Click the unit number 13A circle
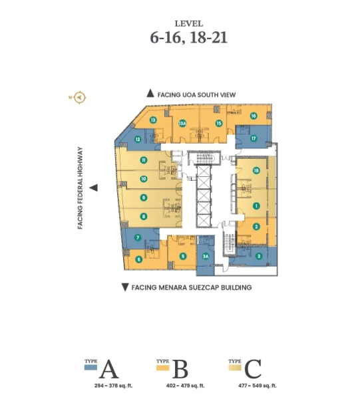[182, 124]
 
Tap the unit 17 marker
[254, 138]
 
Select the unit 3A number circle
[206, 256]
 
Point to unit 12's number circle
[138, 139]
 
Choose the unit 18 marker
[256, 170]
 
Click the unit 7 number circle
[138, 237]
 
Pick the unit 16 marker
[254, 116]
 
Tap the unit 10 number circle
[144, 179]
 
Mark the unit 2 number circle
[256, 227]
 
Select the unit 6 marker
[139, 259]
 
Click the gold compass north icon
[79, 97]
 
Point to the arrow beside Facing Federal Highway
[93, 188]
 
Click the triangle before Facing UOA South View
[150, 93]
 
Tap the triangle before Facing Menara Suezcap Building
[124, 287]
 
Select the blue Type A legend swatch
[90, 368]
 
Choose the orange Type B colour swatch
[162, 368]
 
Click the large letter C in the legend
[253, 368]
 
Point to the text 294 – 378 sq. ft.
[113, 386]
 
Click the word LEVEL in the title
[189, 24]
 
